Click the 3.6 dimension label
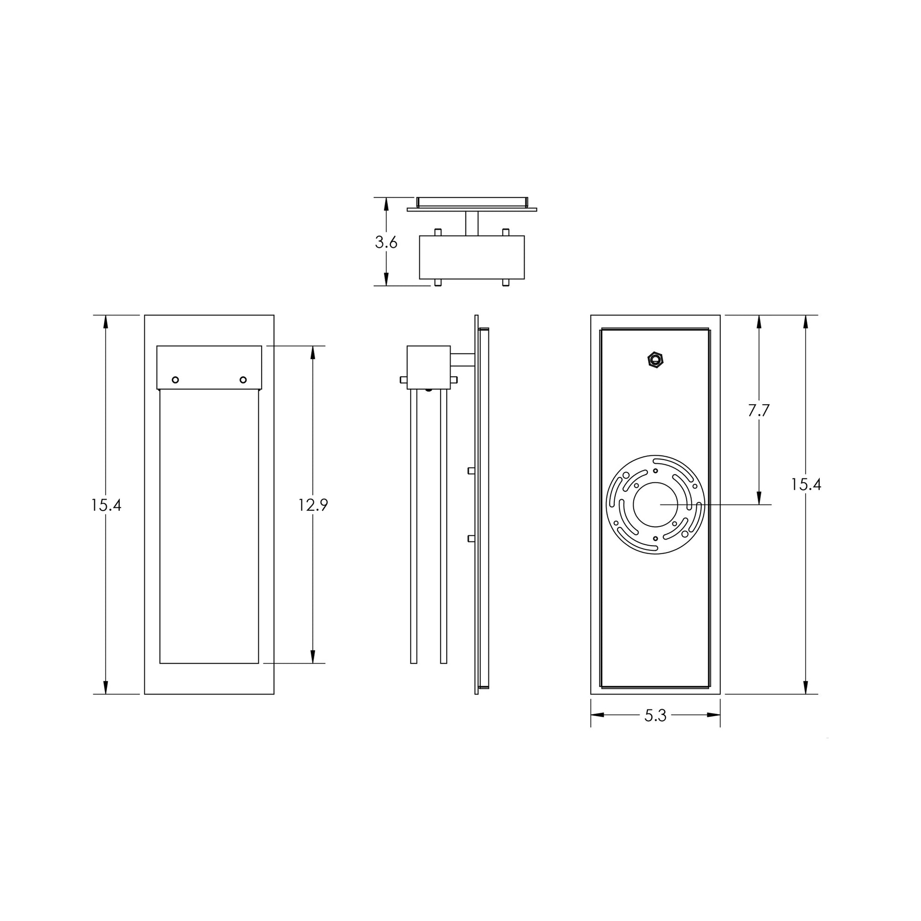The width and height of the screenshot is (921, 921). pyautogui.click(x=386, y=242)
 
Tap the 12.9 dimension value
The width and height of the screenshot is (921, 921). pyautogui.click(x=313, y=505)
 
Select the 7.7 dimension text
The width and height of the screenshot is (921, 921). pyautogui.click(x=759, y=410)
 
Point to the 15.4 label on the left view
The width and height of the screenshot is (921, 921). pyautogui.click(x=106, y=505)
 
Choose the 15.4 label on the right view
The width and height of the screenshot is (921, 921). pyautogui.click(x=806, y=484)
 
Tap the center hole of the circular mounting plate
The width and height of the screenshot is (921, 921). pyautogui.click(x=655, y=505)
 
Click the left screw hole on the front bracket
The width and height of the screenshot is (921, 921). pyautogui.click(x=175, y=380)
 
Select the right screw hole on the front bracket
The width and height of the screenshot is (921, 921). pyautogui.click(x=243, y=380)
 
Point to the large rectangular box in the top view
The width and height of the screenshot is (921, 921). pyautogui.click(x=471, y=257)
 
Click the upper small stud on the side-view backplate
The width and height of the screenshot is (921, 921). pyautogui.click(x=471, y=470)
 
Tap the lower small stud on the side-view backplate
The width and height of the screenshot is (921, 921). pyautogui.click(x=471, y=539)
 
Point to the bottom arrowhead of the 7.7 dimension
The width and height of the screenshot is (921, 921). pyautogui.click(x=759, y=498)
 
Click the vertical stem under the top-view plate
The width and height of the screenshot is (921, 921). pyautogui.click(x=471, y=223)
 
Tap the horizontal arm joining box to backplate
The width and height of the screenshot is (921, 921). pyautogui.click(x=462, y=359)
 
